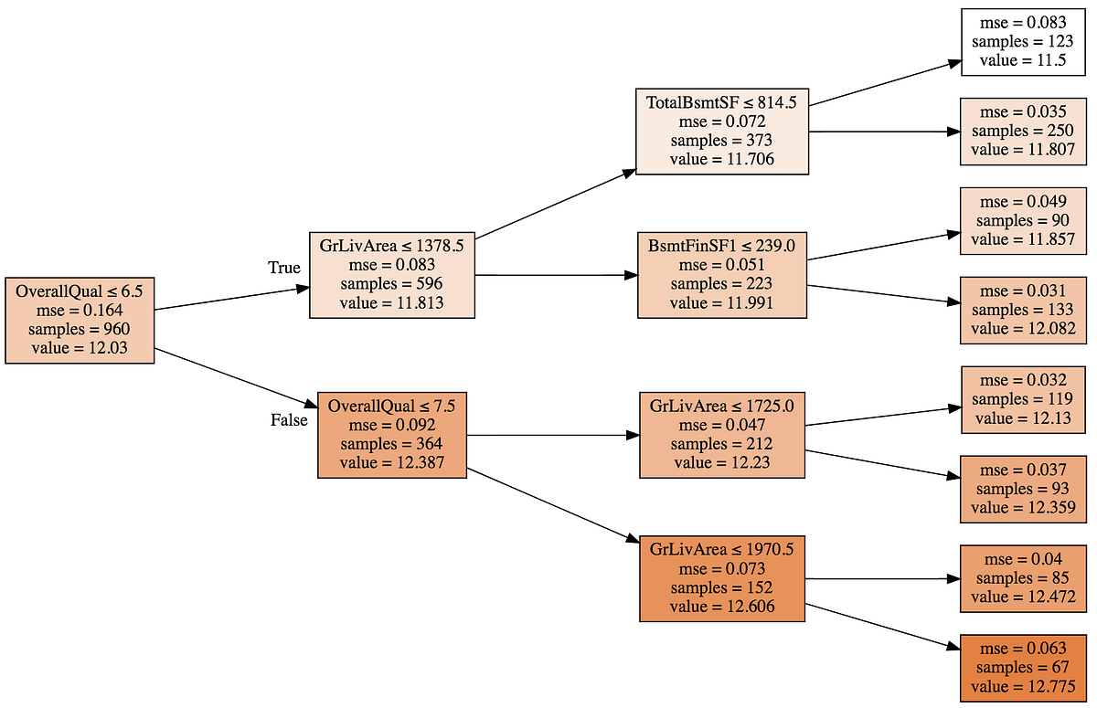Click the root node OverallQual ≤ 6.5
click(80, 320)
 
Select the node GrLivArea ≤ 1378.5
click(391, 274)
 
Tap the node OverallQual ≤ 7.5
click(392, 434)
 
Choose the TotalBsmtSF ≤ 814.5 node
click(721, 131)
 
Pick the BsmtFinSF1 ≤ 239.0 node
click(721, 274)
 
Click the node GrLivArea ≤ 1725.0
click(721, 434)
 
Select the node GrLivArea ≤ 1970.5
click(721, 578)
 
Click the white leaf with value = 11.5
click(1020, 42)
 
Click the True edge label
click(283, 268)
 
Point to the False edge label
click(289, 420)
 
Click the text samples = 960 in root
click(80, 329)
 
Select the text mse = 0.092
click(392, 425)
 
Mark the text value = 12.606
click(721, 607)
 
